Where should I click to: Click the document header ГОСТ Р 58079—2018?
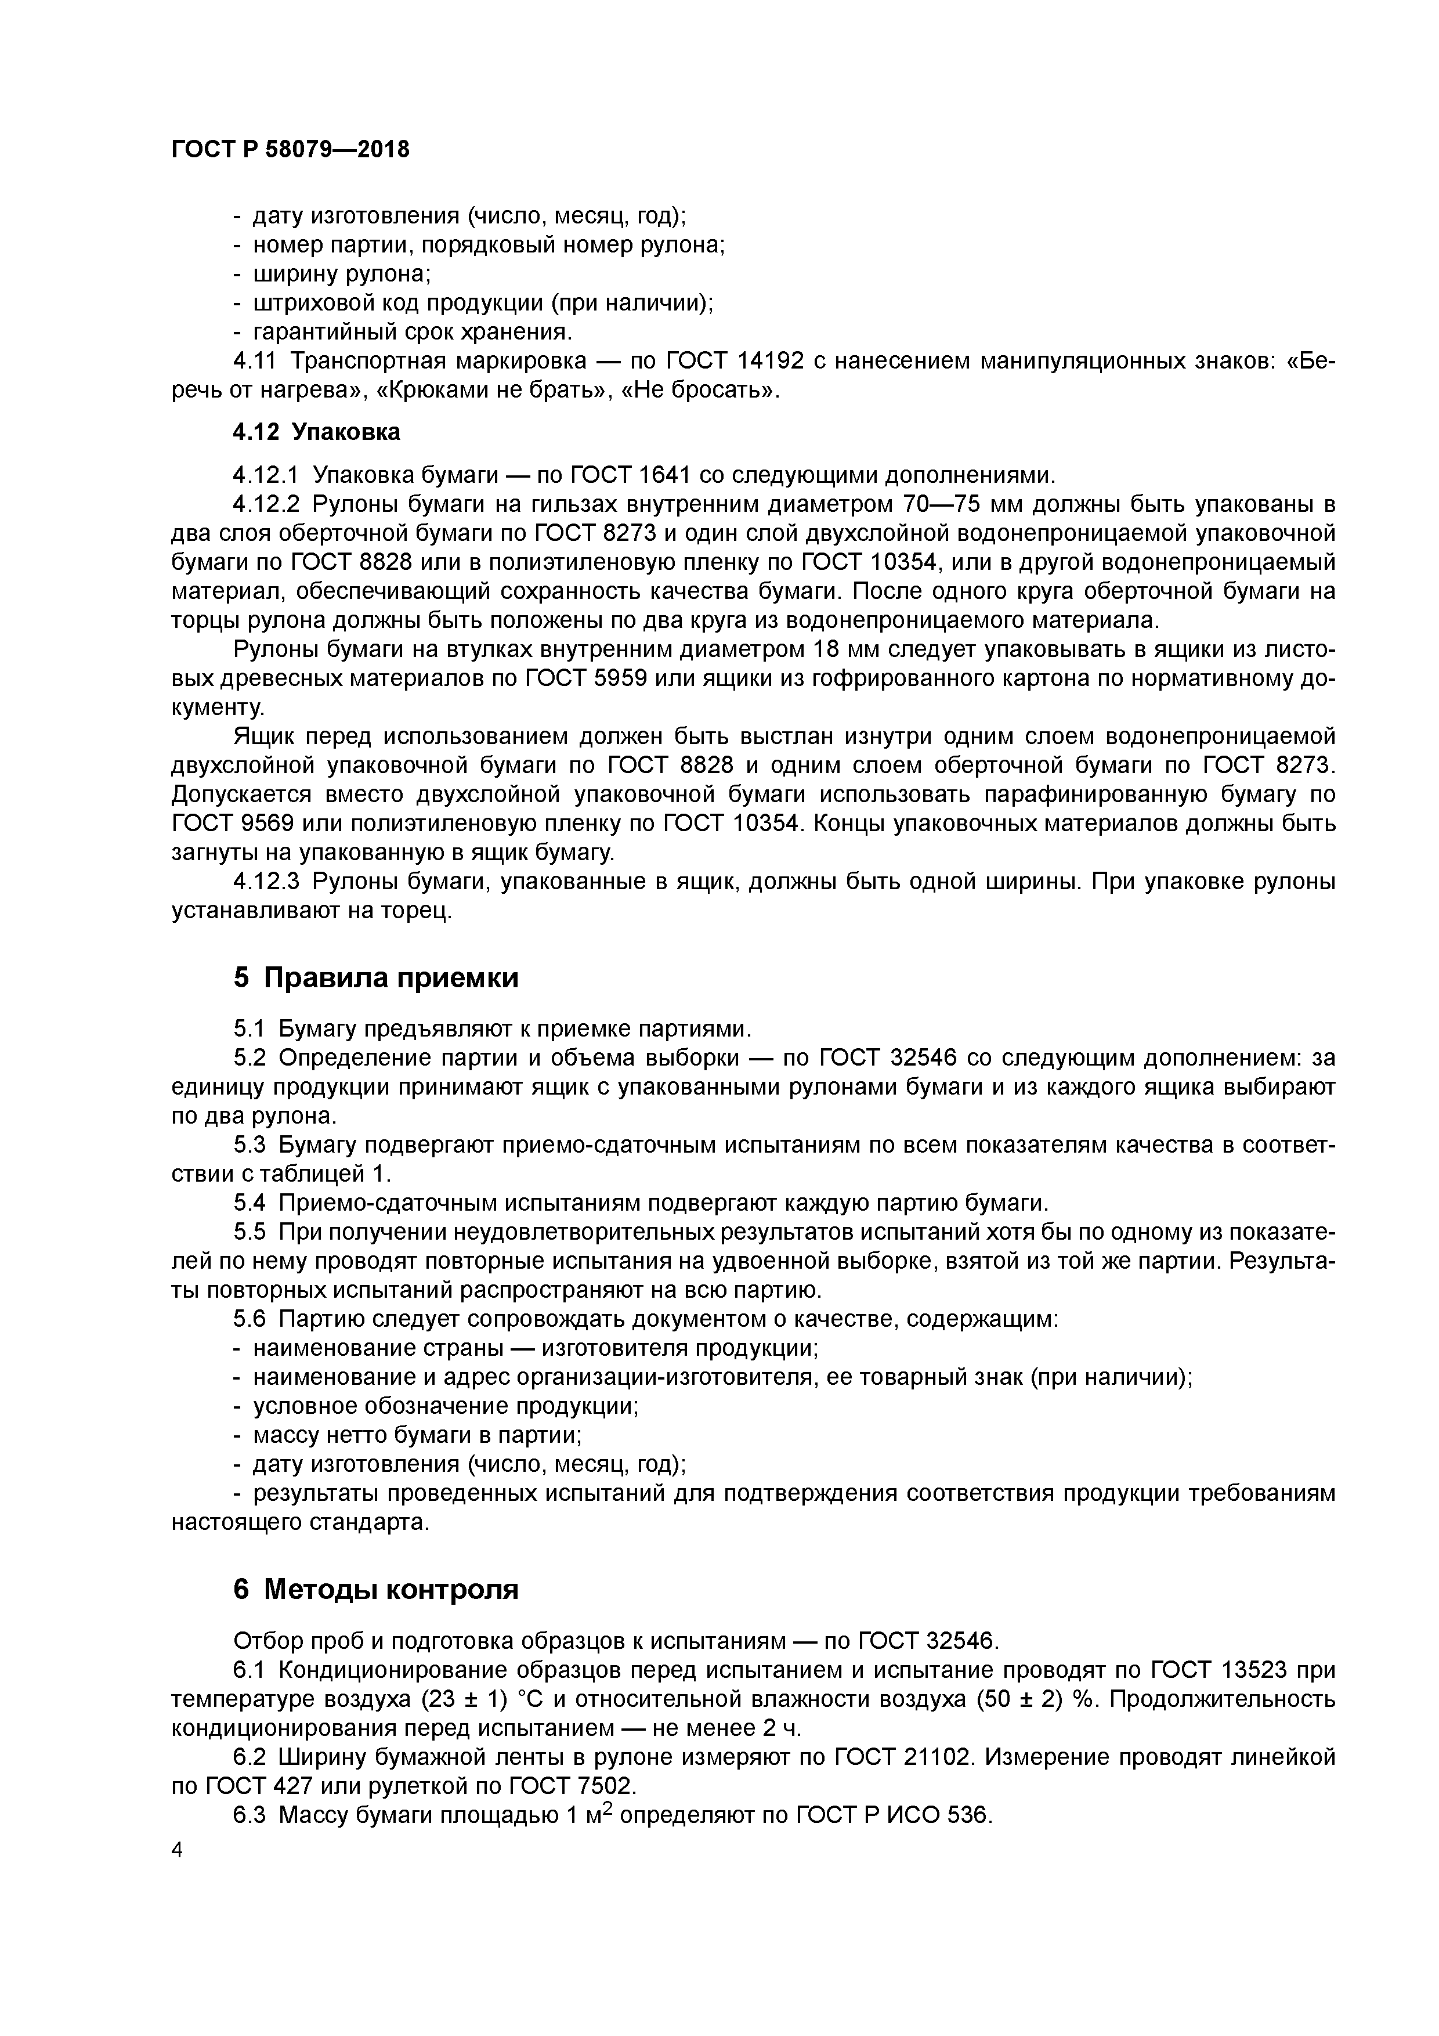point(290,150)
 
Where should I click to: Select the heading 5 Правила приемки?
point(376,978)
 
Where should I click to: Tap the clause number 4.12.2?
point(267,504)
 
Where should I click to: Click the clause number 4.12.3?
point(267,882)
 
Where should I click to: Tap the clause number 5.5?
point(250,1233)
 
